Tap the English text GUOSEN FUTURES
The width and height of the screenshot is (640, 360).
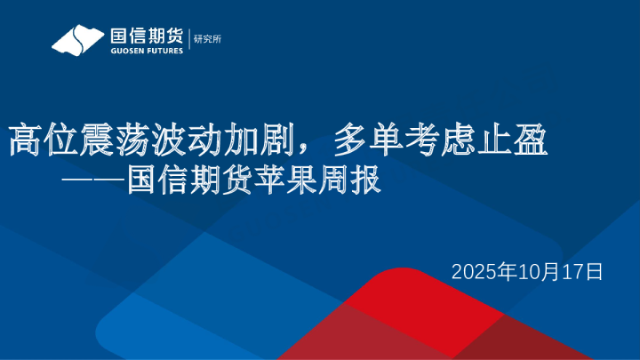click(x=146, y=51)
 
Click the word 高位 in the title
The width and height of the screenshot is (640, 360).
click(x=33, y=140)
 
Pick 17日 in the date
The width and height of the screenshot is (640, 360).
click(x=581, y=271)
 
